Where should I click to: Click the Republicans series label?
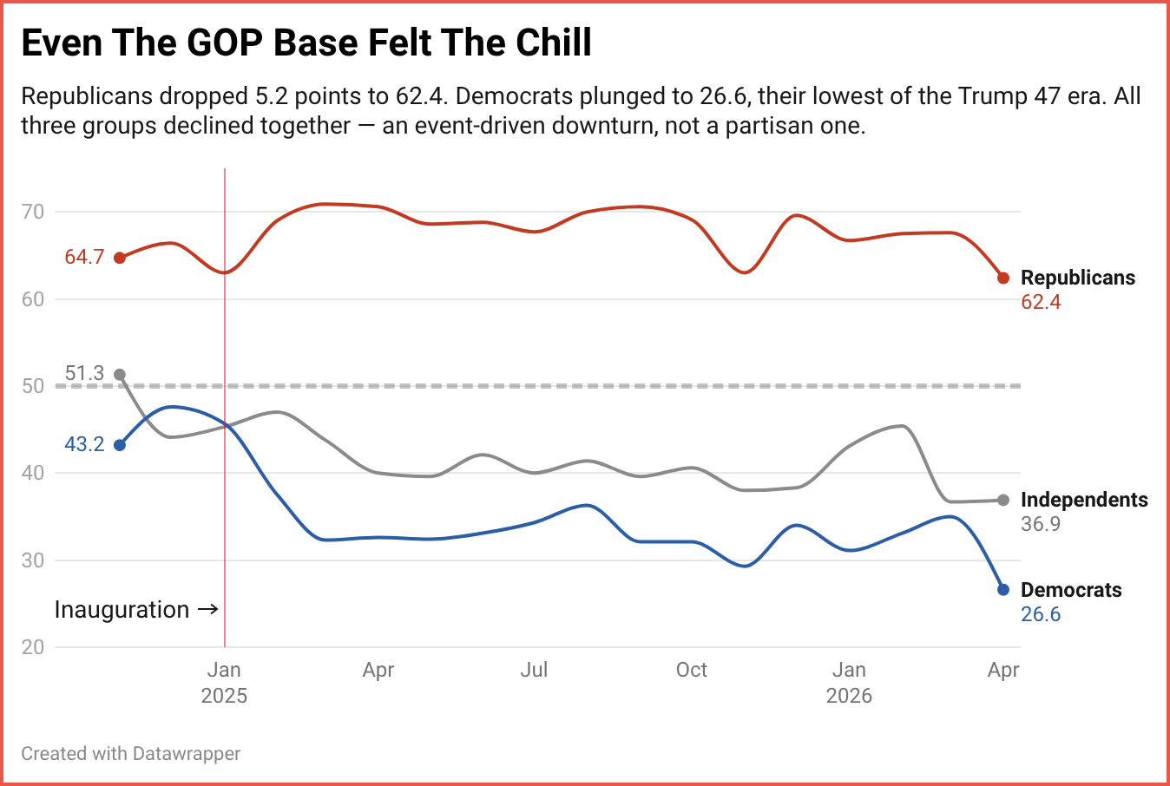(x=1077, y=278)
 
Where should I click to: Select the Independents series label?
(x=1083, y=500)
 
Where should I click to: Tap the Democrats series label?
(x=1071, y=590)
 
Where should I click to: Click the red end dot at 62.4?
(x=1003, y=278)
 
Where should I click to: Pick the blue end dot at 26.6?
(x=1003, y=590)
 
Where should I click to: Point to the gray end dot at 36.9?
(x=1003, y=500)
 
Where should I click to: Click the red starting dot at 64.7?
(x=120, y=258)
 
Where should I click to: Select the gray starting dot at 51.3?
(x=120, y=375)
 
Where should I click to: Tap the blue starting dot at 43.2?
(x=120, y=445)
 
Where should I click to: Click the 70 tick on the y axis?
(x=33, y=212)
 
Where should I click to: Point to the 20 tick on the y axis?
(x=33, y=647)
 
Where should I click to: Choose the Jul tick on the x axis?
(x=534, y=670)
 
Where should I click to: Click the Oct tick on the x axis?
(x=692, y=670)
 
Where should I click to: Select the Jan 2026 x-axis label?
(x=849, y=683)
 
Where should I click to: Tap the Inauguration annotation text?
(x=122, y=610)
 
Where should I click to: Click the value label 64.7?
(x=84, y=257)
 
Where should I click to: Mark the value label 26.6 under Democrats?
(x=1041, y=614)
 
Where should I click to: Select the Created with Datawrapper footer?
(x=131, y=753)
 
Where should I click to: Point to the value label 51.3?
(x=84, y=373)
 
